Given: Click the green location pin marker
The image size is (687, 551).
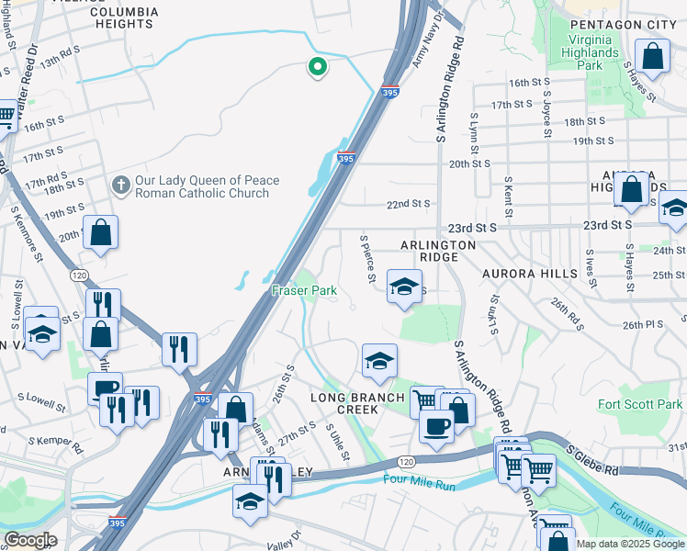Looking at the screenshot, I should [x=318, y=67].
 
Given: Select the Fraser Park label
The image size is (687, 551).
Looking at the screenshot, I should [x=304, y=290].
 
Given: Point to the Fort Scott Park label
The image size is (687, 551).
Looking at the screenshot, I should [x=640, y=404].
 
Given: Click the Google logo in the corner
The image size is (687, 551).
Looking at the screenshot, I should [x=30, y=540].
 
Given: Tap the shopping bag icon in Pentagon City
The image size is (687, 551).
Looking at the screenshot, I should [x=652, y=57].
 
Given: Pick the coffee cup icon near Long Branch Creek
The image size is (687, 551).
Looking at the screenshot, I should [x=437, y=425].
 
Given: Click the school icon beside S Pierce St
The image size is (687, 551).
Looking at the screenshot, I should [x=402, y=287].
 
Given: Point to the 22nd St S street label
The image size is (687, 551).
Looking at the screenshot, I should [x=408, y=204].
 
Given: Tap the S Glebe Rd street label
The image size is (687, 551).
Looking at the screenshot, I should [x=592, y=462].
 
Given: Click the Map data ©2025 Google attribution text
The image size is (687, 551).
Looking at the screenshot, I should [x=630, y=544].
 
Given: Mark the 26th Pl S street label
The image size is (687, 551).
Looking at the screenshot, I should [x=642, y=324].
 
